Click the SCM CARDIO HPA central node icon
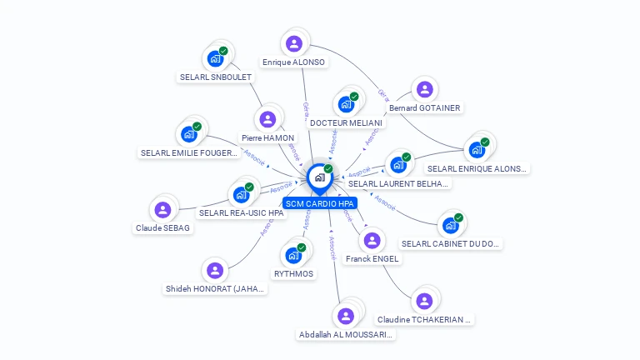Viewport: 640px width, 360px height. click(319, 177)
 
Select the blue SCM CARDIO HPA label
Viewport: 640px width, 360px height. click(319, 203)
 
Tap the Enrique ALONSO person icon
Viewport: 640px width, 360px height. click(293, 43)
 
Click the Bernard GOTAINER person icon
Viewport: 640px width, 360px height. click(425, 89)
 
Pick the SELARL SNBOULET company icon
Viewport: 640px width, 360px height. click(215, 58)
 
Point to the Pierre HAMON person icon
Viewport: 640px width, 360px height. click(267, 119)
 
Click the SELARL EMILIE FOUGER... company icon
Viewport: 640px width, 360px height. click(189, 134)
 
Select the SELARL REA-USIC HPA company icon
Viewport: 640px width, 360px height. click(241, 194)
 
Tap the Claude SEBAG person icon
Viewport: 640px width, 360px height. click(163, 209)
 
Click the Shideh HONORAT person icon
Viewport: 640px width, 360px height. click(215, 270)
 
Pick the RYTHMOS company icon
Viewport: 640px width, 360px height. click(293, 255)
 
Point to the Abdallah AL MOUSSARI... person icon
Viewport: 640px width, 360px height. click(346, 316)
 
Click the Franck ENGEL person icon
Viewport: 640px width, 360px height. click(372, 240)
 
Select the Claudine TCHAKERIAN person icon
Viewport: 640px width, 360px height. click(425, 301)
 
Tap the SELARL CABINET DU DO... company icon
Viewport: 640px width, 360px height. click(450, 225)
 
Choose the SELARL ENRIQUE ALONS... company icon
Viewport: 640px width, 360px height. click(477, 150)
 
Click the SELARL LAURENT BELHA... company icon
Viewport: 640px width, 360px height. click(397, 164)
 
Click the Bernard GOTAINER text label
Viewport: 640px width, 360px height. click(425, 107)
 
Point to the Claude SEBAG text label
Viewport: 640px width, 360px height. click(163, 227)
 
